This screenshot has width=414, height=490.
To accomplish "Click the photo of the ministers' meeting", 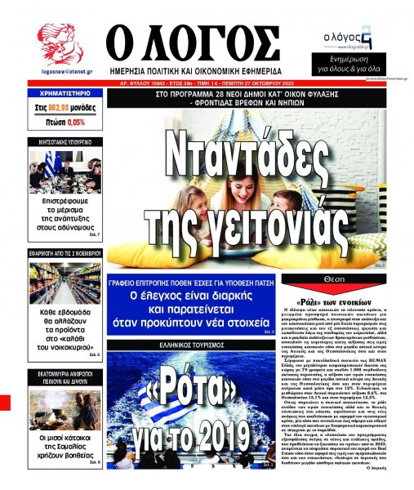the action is (65, 170).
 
